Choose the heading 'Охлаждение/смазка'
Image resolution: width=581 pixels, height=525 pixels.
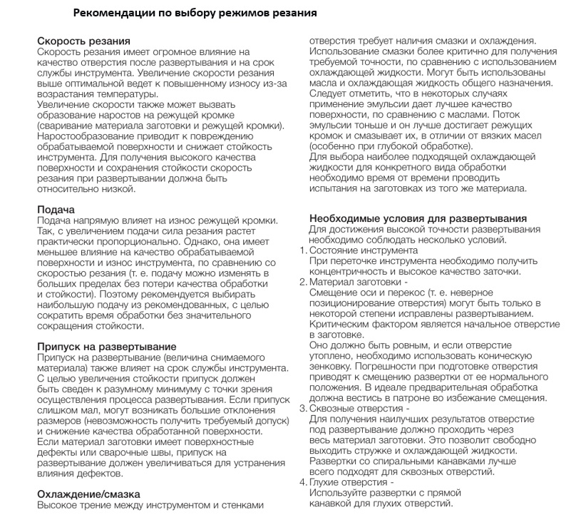[x=88, y=494]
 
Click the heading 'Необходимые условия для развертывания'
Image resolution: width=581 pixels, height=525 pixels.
[x=418, y=218]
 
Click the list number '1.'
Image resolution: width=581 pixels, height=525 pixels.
[x=302, y=250]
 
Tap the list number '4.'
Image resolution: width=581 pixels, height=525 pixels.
[x=302, y=482]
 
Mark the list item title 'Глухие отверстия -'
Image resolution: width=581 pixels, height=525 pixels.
[x=351, y=482]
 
